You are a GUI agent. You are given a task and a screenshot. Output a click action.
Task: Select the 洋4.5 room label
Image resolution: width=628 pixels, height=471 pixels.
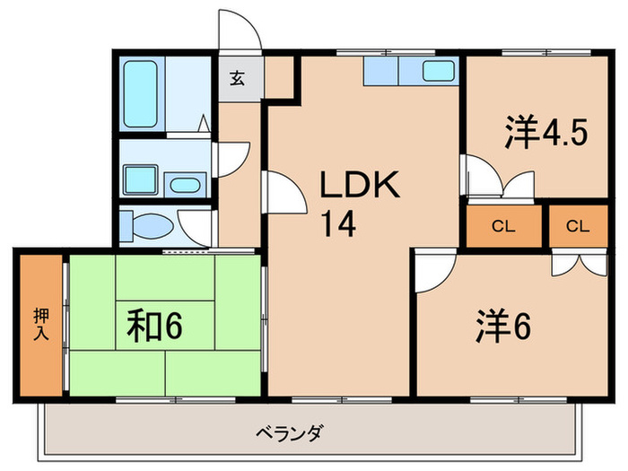click(x=545, y=134)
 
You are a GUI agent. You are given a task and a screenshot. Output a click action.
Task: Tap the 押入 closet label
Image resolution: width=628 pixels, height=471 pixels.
click(x=41, y=324)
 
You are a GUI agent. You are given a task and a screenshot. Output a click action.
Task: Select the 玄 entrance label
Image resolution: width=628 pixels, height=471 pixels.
click(x=238, y=77)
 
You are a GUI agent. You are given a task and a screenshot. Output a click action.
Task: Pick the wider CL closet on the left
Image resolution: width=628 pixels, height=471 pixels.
click(x=503, y=226)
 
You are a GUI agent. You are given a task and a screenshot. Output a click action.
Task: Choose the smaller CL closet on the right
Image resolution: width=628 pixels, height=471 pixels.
click(x=579, y=226)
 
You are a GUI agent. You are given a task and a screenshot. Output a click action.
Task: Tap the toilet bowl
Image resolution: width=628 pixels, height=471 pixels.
click(x=147, y=223)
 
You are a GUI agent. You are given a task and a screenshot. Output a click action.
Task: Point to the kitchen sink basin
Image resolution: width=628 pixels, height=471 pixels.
click(x=440, y=71)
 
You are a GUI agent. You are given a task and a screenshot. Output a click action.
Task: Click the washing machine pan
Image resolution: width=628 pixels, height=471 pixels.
click(x=141, y=180)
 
